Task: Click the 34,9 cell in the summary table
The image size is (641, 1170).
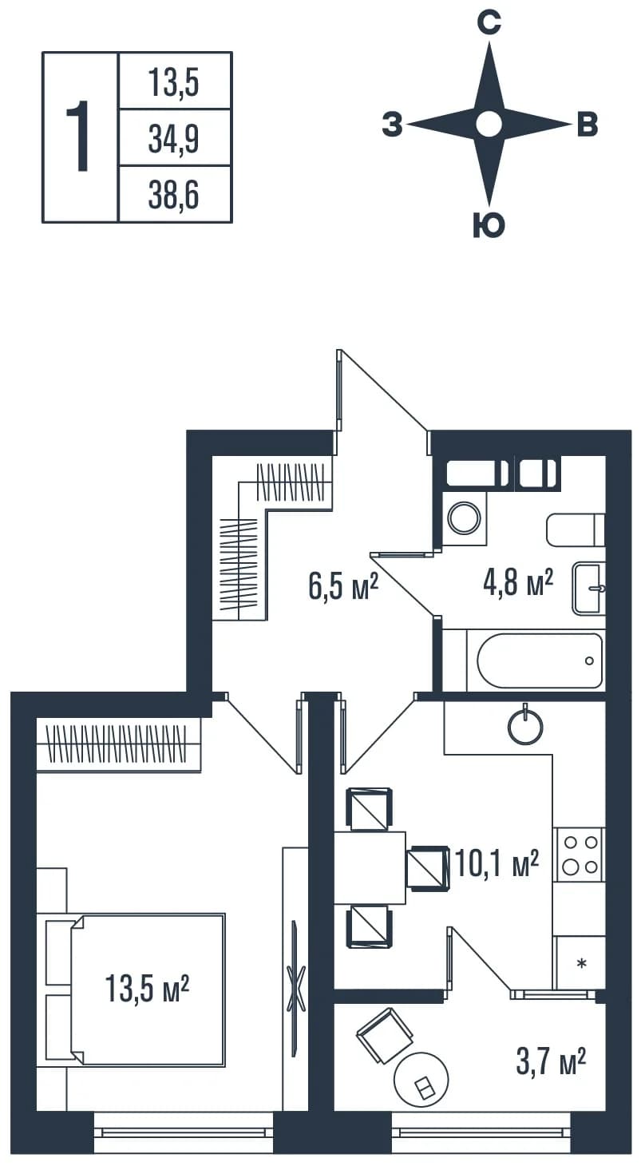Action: [x=173, y=140]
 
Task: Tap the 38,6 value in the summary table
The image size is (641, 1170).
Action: [x=173, y=196]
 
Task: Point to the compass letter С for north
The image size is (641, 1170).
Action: [x=489, y=23]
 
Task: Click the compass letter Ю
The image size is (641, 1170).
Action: [x=489, y=225]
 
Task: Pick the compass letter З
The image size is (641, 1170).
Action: [x=392, y=125]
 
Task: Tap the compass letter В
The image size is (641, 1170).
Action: [x=588, y=125]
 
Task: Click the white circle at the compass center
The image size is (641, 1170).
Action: [x=489, y=125]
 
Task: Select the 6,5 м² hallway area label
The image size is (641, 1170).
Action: [x=343, y=586]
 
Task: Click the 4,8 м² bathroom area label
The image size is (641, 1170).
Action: [x=518, y=582]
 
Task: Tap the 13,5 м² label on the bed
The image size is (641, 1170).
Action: [x=147, y=988]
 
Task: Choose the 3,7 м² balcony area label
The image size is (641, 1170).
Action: [x=551, y=1061]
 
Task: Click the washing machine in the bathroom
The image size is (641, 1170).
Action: [x=464, y=518]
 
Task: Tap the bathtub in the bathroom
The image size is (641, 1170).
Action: [x=539, y=660]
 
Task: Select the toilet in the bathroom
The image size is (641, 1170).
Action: [x=576, y=530]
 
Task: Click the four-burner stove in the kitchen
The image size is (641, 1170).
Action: [x=580, y=855]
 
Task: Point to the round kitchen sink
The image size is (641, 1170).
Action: [x=525, y=726]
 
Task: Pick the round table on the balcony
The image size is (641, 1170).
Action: [x=421, y=1079]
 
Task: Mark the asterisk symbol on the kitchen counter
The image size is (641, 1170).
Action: [x=581, y=962]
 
